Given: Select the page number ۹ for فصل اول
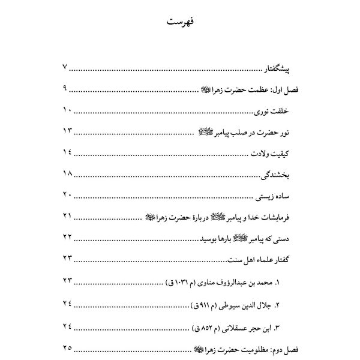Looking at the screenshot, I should pos(67,89).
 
